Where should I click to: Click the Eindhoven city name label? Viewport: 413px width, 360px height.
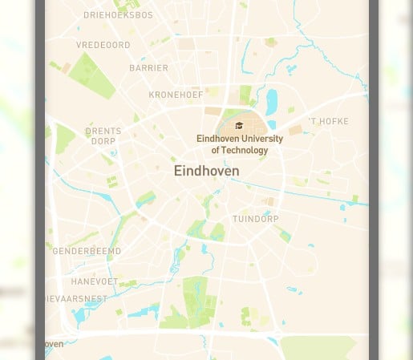(x=206, y=172)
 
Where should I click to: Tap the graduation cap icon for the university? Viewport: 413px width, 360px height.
(x=239, y=126)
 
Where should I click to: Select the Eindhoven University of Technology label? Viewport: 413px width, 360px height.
(x=239, y=144)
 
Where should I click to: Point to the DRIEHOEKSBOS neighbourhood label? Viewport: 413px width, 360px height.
(x=118, y=15)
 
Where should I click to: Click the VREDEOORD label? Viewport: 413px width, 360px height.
(x=103, y=46)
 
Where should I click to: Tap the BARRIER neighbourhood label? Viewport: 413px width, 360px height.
(x=148, y=69)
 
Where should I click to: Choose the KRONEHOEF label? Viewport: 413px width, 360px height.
(x=176, y=95)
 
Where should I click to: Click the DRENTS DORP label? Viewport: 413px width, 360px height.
(x=103, y=136)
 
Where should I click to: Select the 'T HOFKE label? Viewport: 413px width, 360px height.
(x=329, y=122)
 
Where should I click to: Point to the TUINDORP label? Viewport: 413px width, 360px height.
(x=256, y=219)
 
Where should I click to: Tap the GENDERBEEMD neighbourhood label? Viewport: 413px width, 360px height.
(x=87, y=251)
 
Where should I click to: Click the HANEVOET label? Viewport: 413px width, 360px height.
(x=94, y=282)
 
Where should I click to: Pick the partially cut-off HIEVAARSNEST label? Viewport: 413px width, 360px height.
(x=76, y=299)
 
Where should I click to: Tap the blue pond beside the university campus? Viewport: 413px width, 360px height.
(x=272, y=101)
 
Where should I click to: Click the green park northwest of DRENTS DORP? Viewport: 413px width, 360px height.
(x=64, y=137)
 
